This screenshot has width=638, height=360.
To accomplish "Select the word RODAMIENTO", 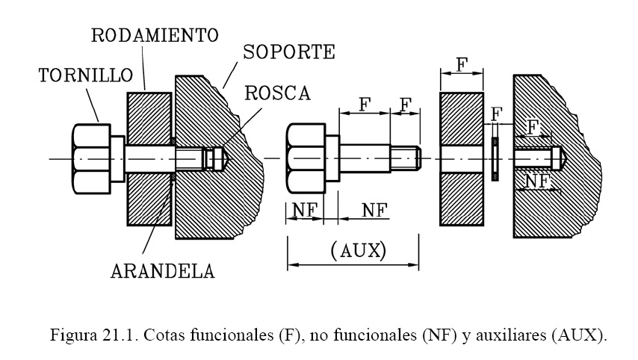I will click(154, 34).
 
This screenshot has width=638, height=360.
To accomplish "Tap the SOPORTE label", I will click(290, 52).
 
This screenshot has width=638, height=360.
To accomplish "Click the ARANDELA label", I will click(162, 270).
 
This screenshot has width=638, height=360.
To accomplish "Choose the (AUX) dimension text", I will click(357, 251).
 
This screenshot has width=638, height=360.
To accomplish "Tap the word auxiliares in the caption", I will click(507, 334).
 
